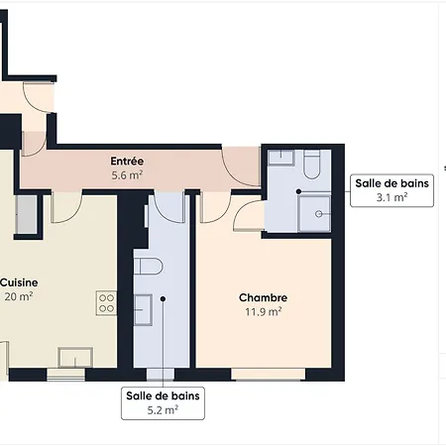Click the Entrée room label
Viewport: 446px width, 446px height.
coord(127,162)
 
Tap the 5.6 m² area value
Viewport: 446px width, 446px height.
coord(127,175)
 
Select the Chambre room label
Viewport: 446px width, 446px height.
coord(264,297)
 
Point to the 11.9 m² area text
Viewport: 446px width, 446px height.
coord(264,311)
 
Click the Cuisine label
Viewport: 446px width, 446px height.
coord(19,282)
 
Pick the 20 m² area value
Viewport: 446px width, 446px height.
coord(19,296)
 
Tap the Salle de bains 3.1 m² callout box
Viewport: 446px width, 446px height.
coord(392,190)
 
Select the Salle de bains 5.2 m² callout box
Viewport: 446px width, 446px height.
coord(163,403)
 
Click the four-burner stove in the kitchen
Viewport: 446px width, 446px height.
coord(106,303)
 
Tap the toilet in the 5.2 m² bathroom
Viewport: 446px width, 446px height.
coord(148,267)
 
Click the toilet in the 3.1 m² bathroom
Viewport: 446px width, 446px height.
coord(312,165)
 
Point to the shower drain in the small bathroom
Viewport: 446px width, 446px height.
coord(319,214)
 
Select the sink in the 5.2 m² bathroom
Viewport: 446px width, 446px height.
coord(143,310)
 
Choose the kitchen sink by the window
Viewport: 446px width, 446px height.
coord(75,358)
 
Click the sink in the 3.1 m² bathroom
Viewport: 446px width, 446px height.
coord(280,158)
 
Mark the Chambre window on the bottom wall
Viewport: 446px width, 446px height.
coord(268,375)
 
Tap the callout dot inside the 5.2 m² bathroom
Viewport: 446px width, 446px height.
coord(163,298)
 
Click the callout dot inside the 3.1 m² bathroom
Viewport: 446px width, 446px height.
coord(298,191)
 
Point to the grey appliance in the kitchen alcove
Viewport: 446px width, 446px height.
coord(27,215)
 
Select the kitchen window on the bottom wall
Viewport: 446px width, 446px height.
coord(66,375)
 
